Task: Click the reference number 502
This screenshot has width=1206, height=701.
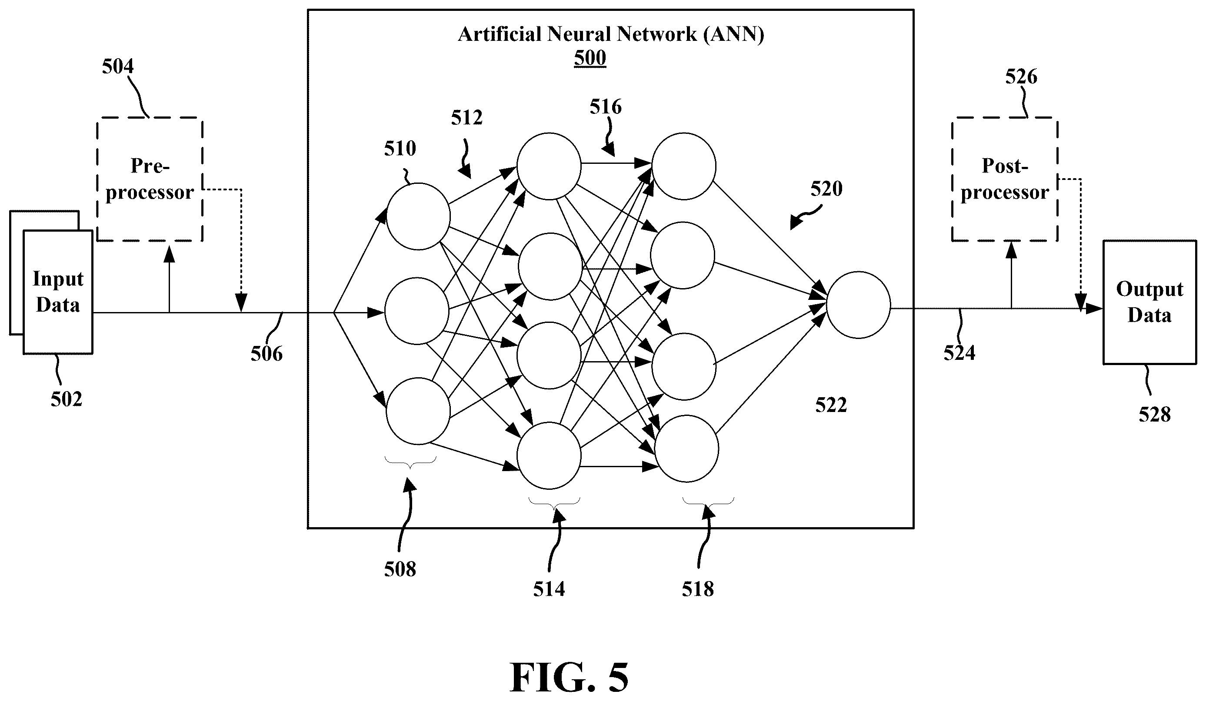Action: [x=67, y=399]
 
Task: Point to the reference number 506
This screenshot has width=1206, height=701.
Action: [x=267, y=354]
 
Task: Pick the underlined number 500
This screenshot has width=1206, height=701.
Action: [x=590, y=58]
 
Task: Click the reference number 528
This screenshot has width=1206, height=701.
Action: [x=1155, y=414]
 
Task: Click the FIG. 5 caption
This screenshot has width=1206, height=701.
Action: [x=569, y=678]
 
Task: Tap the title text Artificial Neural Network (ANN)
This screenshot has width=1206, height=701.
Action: [x=611, y=34]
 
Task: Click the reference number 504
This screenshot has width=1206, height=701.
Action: [x=118, y=66]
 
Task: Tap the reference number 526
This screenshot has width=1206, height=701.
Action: [x=1021, y=76]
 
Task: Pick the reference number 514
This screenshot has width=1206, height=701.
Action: [x=549, y=589]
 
